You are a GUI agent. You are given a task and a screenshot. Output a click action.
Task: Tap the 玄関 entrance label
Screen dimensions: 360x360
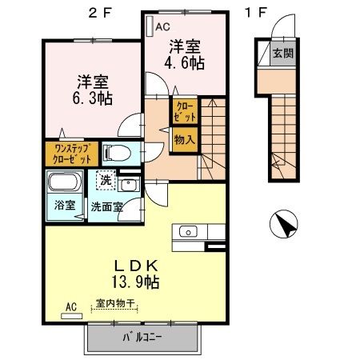(282, 54)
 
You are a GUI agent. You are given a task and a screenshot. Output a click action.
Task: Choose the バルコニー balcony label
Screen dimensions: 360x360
(142, 338)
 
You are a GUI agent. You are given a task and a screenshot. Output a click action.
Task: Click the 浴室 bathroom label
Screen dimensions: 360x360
(65, 205)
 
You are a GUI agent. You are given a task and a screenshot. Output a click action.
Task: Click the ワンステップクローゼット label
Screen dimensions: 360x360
(77, 152)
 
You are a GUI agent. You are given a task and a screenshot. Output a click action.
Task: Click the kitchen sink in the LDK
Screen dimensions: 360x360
(186, 232)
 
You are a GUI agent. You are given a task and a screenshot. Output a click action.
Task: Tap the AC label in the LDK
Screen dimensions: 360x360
(70, 306)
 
